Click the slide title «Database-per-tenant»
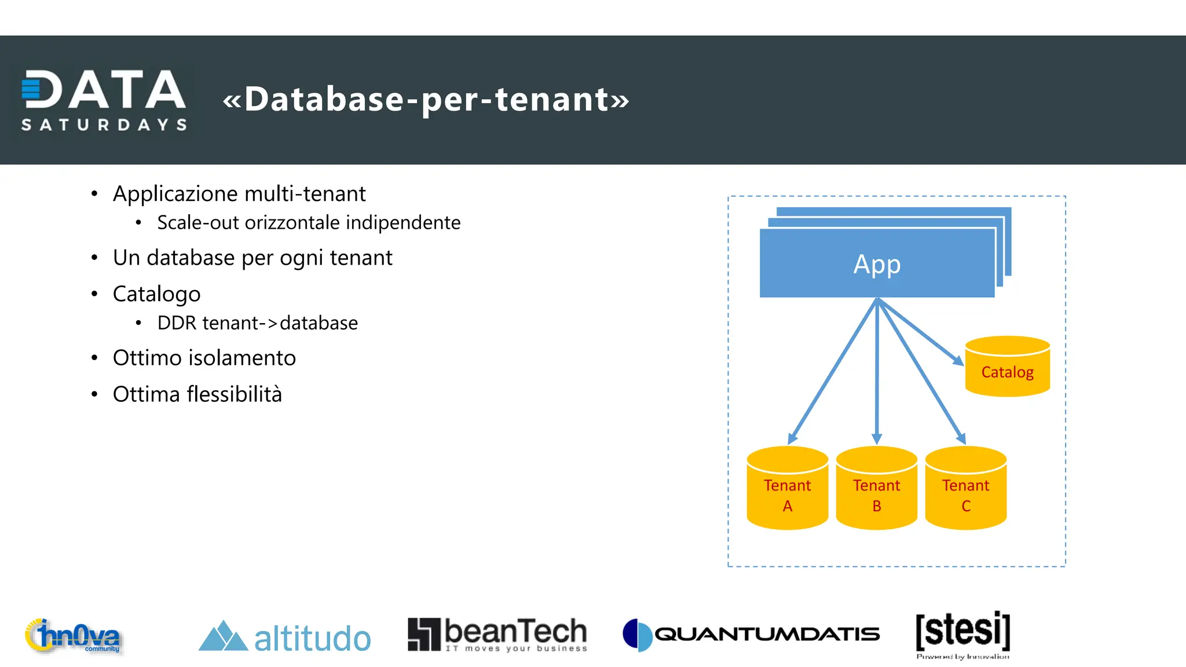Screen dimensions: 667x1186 click(x=426, y=99)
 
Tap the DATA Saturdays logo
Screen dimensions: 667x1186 click(x=104, y=100)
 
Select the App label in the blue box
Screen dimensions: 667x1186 click(x=877, y=264)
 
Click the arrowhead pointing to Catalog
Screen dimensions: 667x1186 click(x=958, y=361)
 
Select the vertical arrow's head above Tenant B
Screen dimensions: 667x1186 click(x=877, y=438)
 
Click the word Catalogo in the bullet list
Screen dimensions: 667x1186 click(x=156, y=294)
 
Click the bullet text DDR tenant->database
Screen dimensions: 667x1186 click(x=257, y=323)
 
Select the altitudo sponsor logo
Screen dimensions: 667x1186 click(x=284, y=637)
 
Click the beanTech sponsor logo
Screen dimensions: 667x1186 click(x=497, y=635)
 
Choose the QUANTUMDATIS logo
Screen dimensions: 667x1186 click(x=751, y=635)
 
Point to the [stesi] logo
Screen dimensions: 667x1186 click(x=962, y=633)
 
